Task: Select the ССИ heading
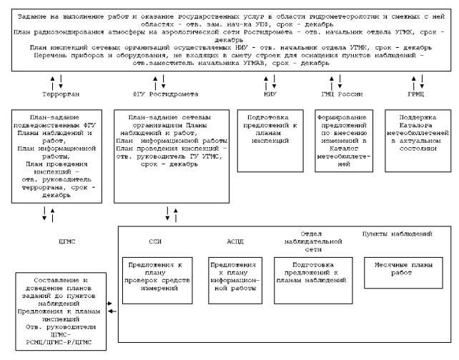pyautogui.click(x=155, y=241)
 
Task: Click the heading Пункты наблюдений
pyautogui.click(x=398, y=234)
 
